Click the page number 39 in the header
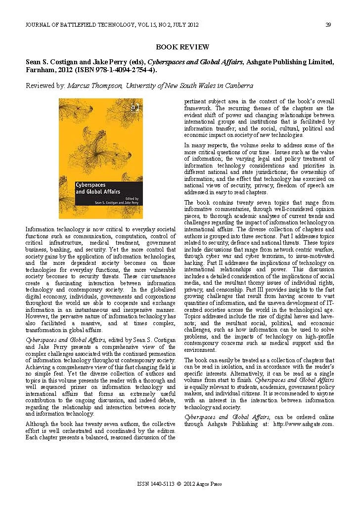point(328,25)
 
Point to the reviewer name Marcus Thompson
point(95,85)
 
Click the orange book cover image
point(101,158)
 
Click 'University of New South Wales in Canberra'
point(189,85)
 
